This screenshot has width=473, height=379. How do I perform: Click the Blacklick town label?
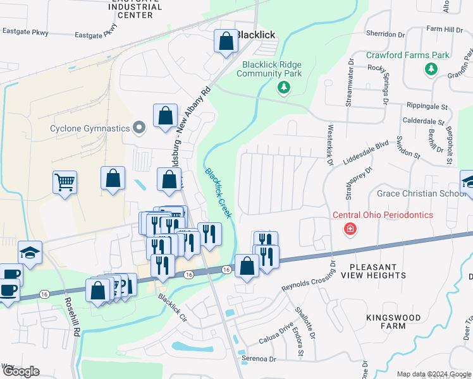[256, 35]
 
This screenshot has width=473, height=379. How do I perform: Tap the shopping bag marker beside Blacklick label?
[226, 42]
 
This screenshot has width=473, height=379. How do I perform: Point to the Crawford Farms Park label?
[408, 55]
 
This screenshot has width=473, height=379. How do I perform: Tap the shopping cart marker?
[64, 183]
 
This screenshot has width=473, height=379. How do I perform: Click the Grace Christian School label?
[421, 193]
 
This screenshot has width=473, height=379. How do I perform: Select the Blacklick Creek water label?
[218, 193]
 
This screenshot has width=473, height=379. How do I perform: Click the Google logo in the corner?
[20, 371]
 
